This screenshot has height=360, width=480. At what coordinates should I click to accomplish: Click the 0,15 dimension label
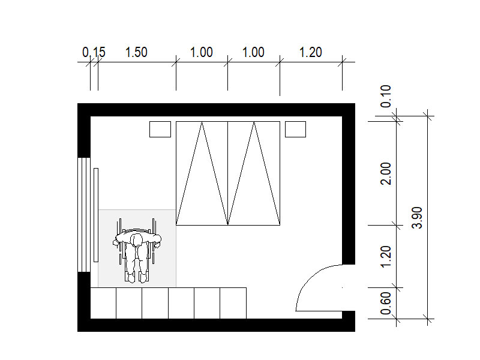[94, 52]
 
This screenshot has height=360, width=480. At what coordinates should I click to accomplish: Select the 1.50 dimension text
[136, 52]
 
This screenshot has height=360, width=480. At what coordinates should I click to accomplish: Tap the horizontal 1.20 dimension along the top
[310, 52]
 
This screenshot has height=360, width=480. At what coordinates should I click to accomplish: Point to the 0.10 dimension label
[386, 96]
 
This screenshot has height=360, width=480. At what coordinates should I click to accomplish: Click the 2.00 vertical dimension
[386, 173]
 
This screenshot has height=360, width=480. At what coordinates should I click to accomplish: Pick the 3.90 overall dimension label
[417, 218]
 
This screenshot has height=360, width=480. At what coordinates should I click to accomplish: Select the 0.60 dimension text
[386, 303]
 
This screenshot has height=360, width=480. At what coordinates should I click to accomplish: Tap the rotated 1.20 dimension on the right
[386, 257]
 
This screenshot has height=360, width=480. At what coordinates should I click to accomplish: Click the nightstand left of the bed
[160, 129]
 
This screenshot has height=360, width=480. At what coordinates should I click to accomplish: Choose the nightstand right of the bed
[295, 129]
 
